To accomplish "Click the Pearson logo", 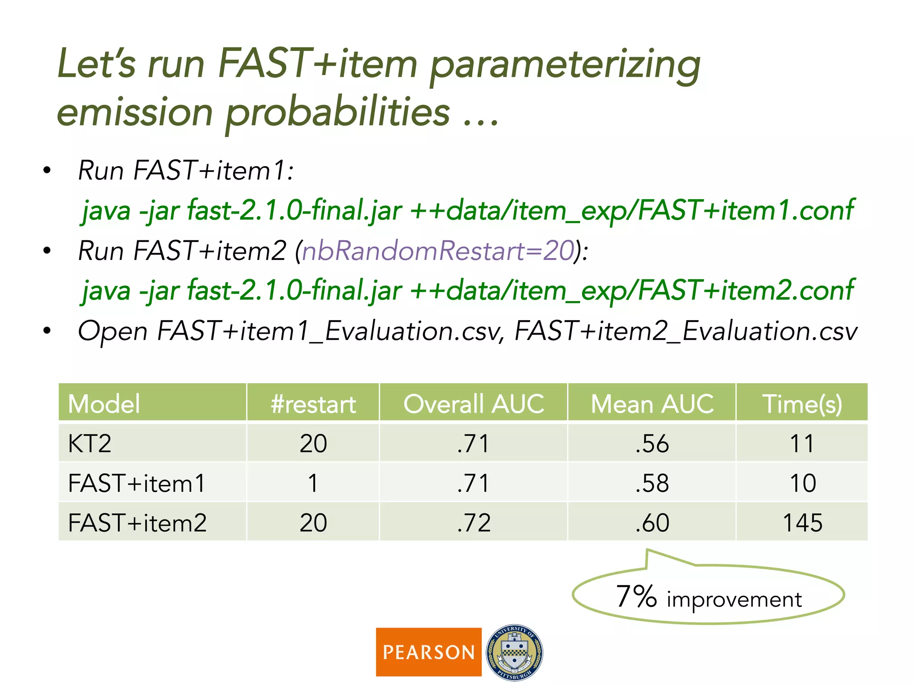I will pos(428,652).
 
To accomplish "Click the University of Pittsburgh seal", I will pos(514,652).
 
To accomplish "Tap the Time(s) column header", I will pos(802,403).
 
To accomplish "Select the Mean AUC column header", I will pos(652,403).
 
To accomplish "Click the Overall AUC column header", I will pos(474,403).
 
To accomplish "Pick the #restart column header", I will pos(313,403).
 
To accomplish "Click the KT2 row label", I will pos(90,443).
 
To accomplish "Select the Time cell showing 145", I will pos(802,522).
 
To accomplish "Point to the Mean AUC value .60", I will pos(652,522).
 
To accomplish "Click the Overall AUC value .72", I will pos(474,522).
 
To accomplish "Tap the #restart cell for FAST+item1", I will pos(313,483).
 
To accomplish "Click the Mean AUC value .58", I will pos(652,483).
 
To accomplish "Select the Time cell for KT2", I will pos(802,443).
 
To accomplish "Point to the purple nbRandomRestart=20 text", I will pos(438,251).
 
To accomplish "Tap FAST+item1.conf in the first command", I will pos(745,210).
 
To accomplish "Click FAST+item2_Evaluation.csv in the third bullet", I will pos(685,331).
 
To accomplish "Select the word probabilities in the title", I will pos(338,113).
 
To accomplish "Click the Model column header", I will pos(104,403).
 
